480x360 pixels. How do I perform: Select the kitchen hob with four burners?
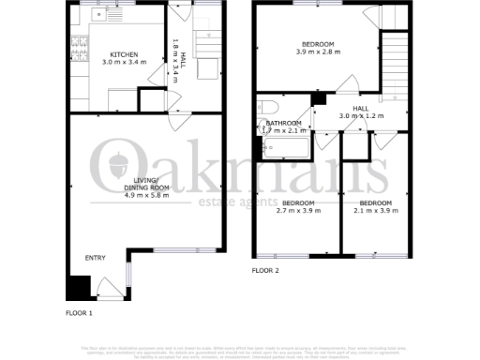point(78,42)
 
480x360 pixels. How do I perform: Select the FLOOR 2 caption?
point(265,272)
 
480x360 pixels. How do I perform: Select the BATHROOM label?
point(283,124)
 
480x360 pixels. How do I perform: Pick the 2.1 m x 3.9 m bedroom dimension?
point(375,211)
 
